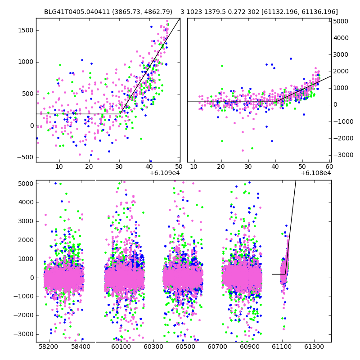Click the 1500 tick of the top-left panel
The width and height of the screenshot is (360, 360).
click(x=26, y=30)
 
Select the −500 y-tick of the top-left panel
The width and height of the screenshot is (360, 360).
click(x=25, y=157)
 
